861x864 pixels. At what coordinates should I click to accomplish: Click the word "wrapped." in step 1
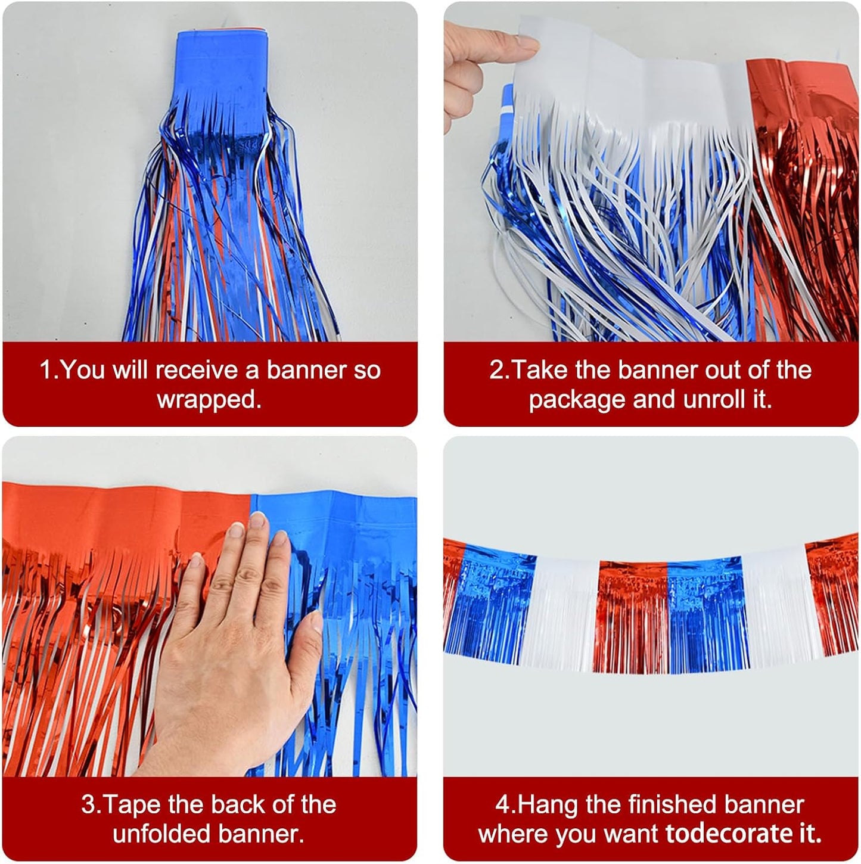tap(209, 399)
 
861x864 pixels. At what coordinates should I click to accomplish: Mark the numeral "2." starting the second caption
tap(500, 370)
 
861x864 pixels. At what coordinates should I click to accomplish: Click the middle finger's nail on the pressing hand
tap(258, 520)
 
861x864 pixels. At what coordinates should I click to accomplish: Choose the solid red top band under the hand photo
tap(119, 512)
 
